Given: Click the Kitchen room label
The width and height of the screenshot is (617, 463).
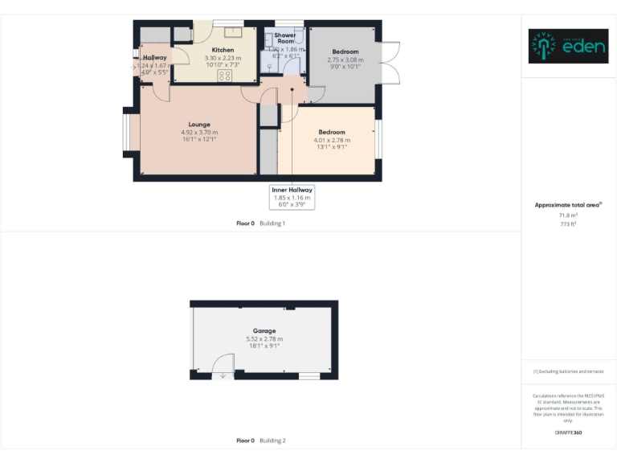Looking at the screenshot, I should (x=223, y=50).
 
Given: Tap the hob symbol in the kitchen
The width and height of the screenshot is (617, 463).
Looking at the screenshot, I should (x=225, y=76).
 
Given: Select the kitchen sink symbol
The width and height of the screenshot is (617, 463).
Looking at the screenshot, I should (x=234, y=33).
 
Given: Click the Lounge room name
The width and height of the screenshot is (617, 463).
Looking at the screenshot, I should (x=199, y=125).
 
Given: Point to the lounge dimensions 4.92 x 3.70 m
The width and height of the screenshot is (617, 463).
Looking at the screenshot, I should (x=199, y=133).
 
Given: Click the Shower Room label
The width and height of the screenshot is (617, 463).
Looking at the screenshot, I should (x=285, y=39).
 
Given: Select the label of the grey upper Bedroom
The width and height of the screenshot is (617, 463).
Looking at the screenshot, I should (x=345, y=51).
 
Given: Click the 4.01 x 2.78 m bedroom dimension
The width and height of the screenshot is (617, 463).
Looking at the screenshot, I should (x=332, y=140).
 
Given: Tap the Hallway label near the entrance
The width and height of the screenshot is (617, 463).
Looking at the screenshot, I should (x=154, y=58).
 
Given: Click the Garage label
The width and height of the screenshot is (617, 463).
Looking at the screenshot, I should (x=264, y=331).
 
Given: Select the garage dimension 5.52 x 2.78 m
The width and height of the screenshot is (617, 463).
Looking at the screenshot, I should (x=264, y=339).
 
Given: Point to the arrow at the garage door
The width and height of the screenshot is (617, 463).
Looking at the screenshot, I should (x=223, y=375).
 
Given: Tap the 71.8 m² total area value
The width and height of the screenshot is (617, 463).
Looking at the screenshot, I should (x=569, y=216).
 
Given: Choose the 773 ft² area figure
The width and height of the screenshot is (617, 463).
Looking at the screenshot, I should (x=569, y=224).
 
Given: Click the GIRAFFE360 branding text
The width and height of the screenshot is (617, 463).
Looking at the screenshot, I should (x=568, y=432).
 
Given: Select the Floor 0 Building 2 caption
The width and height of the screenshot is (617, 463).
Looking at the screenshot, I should (x=261, y=440).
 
